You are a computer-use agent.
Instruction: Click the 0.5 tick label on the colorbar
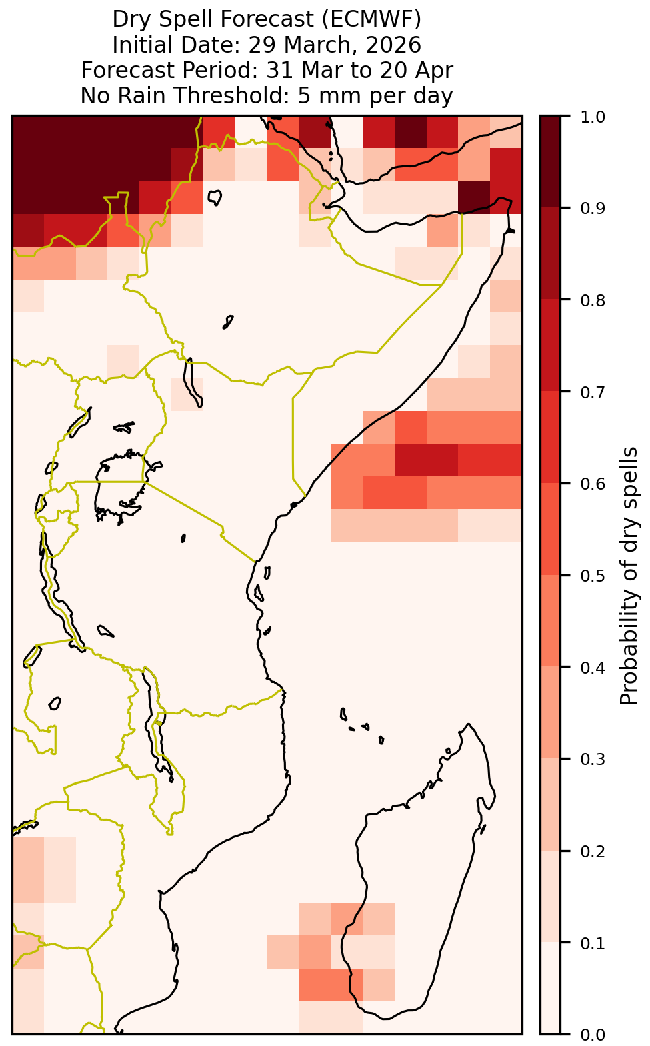pyautogui.click(x=593, y=576)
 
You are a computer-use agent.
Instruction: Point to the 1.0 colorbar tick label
pyautogui.click(x=593, y=117)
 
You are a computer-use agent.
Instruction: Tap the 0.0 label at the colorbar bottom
pyautogui.click(x=593, y=1035)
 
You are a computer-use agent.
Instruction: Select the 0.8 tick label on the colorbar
pyautogui.click(x=593, y=300)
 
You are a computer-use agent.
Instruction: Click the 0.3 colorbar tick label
pyautogui.click(x=593, y=759)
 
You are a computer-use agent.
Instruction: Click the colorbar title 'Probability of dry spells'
pyautogui.click(x=628, y=576)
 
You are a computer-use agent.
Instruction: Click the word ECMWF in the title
pyautogui.click(x=368, y=19)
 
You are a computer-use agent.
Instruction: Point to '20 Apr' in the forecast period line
pyautogui.click(x=416, y=71)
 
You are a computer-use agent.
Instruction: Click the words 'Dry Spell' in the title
pyautogui.click(x=163, y=19)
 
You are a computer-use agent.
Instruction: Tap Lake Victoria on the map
pyautogui.click(x=122, y=486)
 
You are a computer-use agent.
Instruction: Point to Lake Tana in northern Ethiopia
pyautogui.click(x=215, y=197)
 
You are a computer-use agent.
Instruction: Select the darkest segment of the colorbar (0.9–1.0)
pyautogui.click(x=550, y=161)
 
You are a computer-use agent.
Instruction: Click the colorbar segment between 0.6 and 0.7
pyautogui.click(x=550, y=437)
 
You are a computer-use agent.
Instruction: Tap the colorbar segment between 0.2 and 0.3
pyautogui.click(x=550, y=805)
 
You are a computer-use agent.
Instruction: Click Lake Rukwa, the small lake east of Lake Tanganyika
pyautogui.click(x=105, y=631)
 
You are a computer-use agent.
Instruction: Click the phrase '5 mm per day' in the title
pyautogui.click(x=375, y=96)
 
